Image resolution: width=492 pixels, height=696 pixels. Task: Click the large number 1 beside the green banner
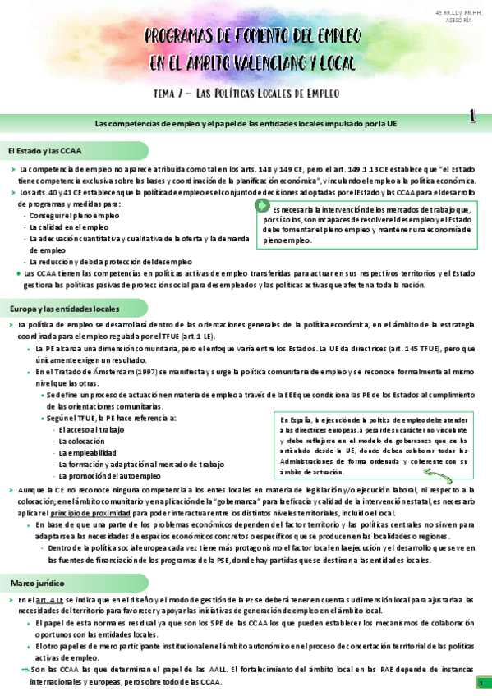[473, 119]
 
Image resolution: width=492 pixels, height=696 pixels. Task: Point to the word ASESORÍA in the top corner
[460, 21]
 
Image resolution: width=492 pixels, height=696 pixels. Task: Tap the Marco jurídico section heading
[38, 583]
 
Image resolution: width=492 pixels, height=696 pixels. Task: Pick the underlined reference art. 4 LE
[48, 601]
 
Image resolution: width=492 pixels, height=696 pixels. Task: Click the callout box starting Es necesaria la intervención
[366, 225]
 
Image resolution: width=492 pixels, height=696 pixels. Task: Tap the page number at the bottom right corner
[480, 683]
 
